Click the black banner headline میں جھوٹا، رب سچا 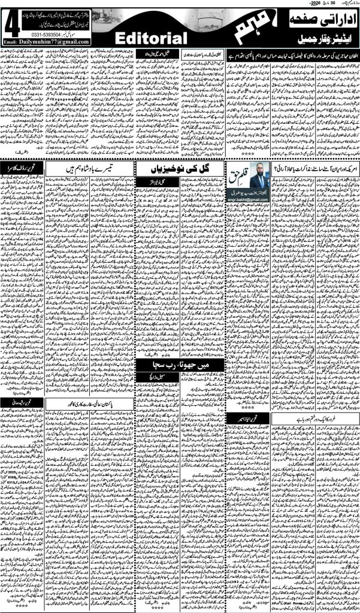pyautogui.click(x=179, y=363)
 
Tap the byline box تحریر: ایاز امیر pyautogui.click(x=244, y=415)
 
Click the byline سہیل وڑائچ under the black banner pyautogui.click(x=179, y=375)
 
